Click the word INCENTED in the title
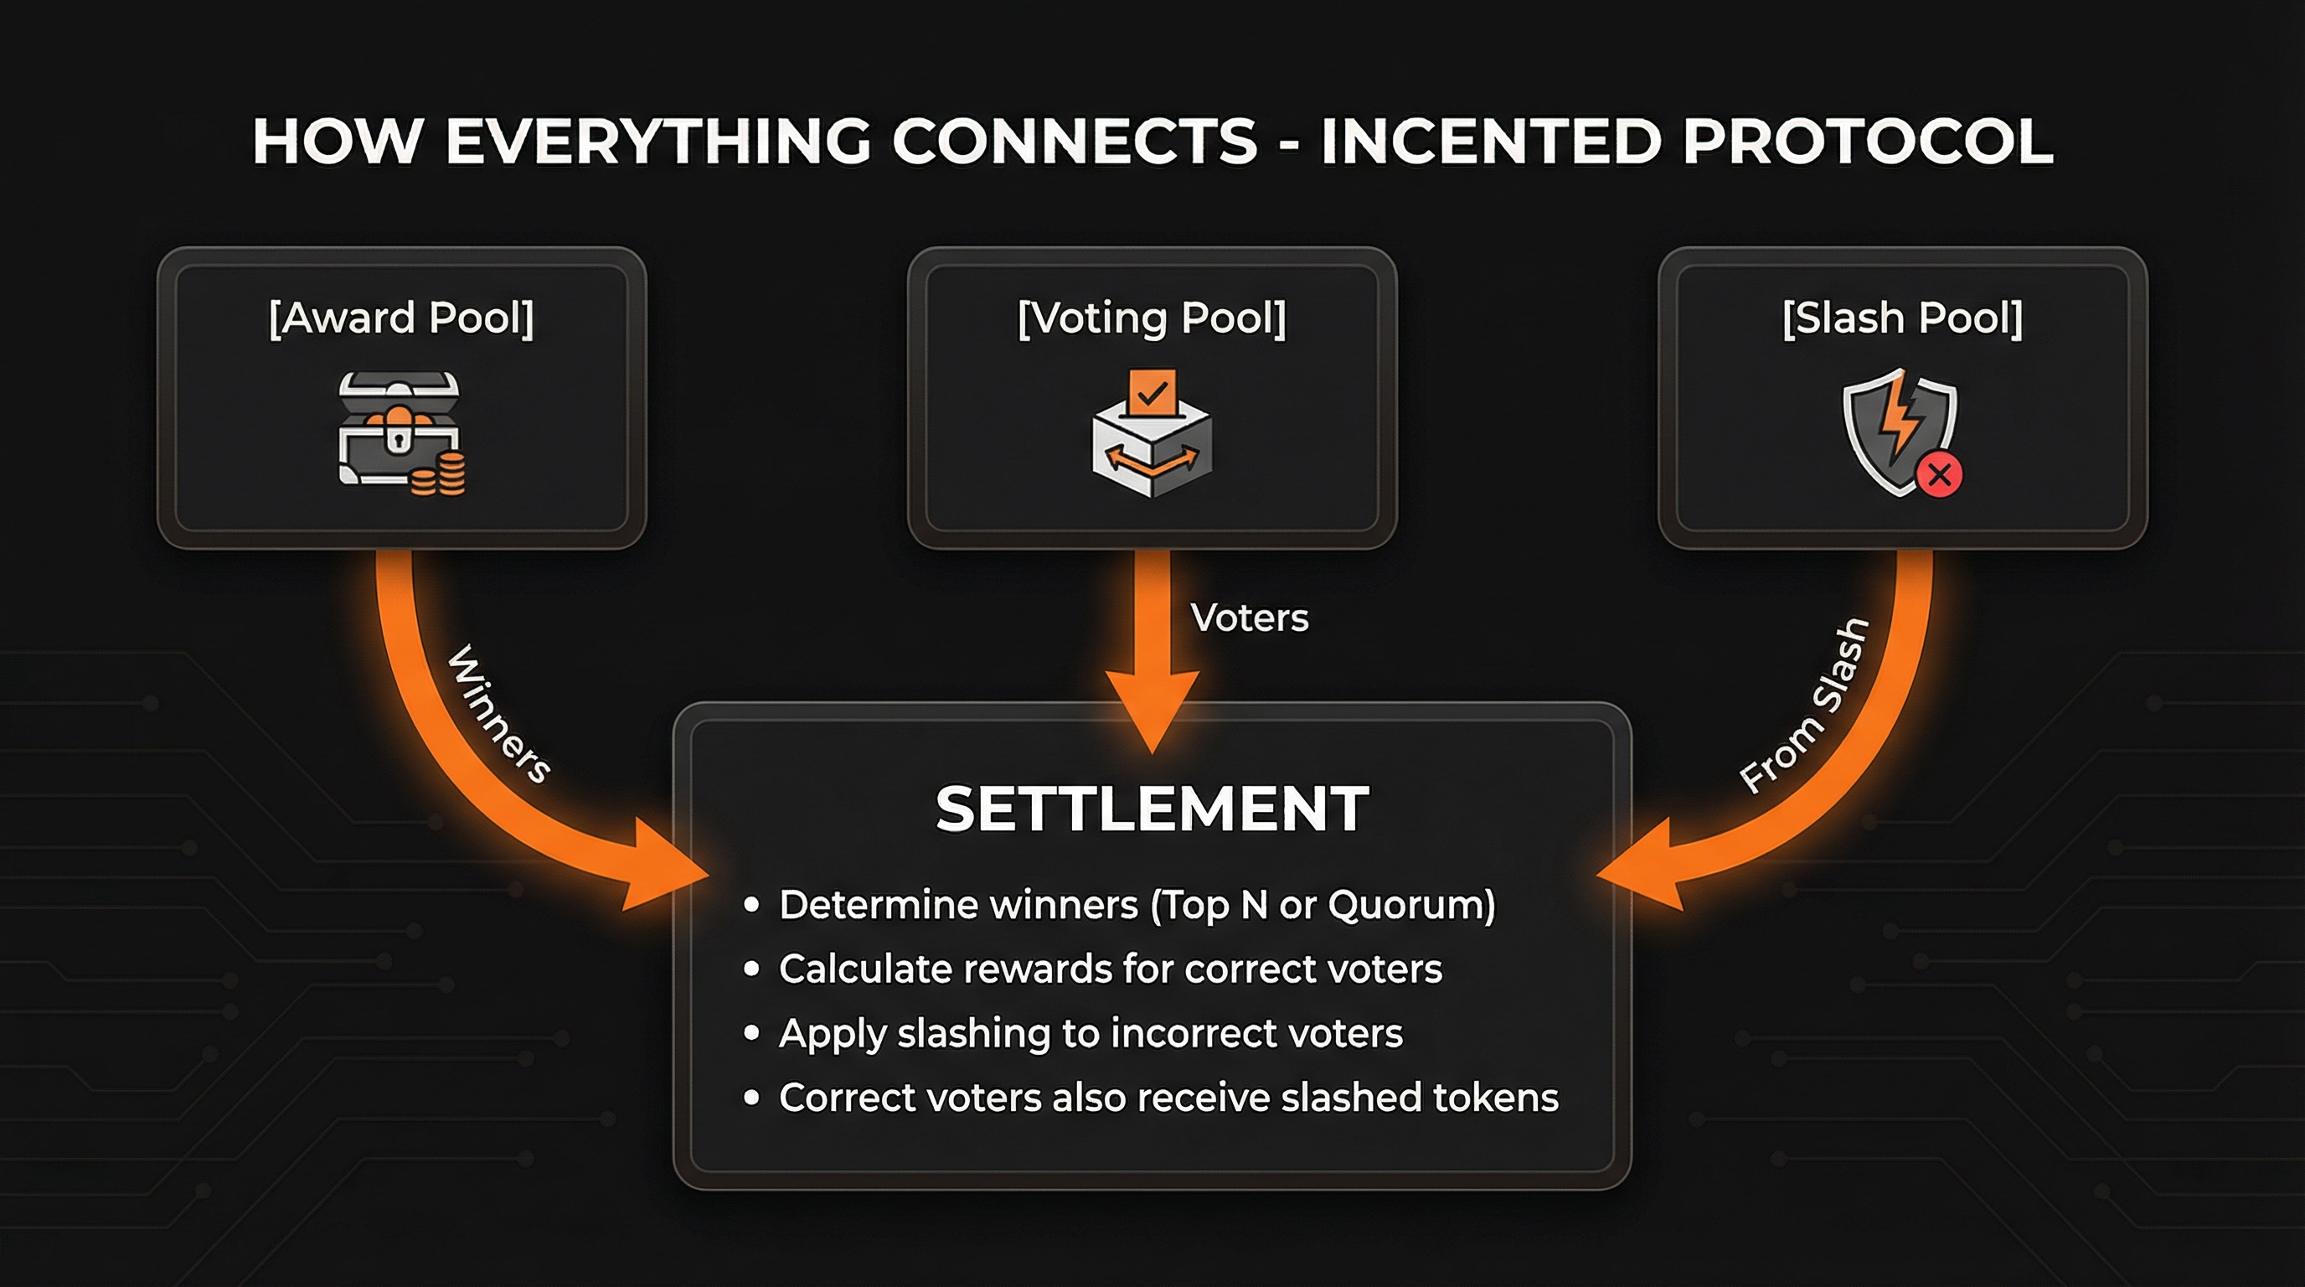coord(1491,142)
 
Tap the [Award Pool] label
coord(401,318)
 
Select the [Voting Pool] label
coord(1152,318)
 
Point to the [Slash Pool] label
coord(1902,318)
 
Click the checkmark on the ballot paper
coord(1152,392)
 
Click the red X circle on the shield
coord(1939,474)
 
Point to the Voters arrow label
coord(1249,618)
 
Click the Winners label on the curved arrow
coord(498,714)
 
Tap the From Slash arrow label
coord(1804,707)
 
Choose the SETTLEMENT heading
coord(1152,809)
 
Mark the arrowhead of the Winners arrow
coord(663,872)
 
